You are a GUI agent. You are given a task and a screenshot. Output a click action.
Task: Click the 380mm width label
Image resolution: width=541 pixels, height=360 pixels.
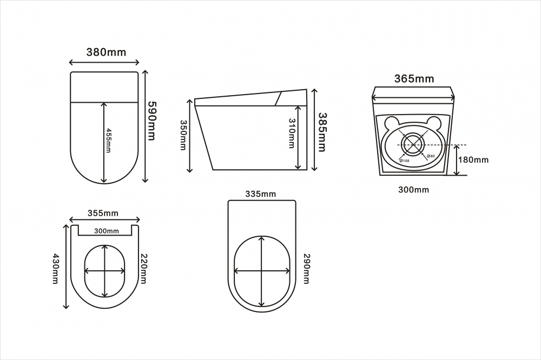coord(106,52)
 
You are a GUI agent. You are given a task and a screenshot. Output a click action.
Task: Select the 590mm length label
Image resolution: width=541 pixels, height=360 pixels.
coord(151,121)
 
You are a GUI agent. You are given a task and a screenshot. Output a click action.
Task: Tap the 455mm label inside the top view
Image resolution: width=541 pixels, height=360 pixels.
coord(108,141)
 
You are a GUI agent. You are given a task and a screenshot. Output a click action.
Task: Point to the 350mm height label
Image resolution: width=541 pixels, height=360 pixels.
coord(183,135)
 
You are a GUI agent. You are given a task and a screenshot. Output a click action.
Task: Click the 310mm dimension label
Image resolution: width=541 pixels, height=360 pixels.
coord(292,134)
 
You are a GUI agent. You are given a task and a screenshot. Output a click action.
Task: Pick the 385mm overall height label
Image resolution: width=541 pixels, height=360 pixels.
coord(321,132)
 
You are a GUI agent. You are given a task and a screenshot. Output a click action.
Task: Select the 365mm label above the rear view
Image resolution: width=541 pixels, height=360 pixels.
coord(414,79)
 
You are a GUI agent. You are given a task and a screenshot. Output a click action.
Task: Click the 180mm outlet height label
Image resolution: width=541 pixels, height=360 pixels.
coord(473,159)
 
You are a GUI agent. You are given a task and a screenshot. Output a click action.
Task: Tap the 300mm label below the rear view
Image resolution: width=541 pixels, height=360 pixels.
coord(414,190)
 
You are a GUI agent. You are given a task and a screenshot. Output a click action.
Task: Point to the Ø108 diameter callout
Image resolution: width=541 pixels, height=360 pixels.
coord(404,161)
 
